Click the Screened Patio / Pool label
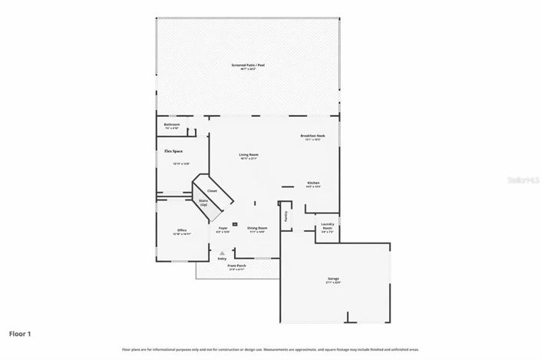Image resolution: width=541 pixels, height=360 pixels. click(x=247, y=66)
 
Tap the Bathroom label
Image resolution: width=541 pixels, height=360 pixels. click(x=172, y=125)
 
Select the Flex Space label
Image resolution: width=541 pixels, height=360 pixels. click(x=173, y=151)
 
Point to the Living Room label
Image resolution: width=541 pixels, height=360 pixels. click(x=248, y=155)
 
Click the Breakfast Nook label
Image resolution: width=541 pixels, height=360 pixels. click(x=312, y=136)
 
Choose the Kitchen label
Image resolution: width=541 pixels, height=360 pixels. click(x=313, y=183)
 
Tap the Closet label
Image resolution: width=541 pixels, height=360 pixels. click(x=212, y=190)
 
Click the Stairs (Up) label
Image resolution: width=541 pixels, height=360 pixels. click(x=204, y=203)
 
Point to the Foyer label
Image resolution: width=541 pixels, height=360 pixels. click(x=223, y=228)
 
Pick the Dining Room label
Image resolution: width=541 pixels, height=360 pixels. click(x=256, y=228)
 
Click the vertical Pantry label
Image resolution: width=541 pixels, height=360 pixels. click(x=286, y=217)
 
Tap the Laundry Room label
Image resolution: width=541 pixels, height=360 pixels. click(x=327, y=228)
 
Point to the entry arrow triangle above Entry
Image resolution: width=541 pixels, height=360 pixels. click(x=223, y=253)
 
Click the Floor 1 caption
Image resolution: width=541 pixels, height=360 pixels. click(x=20, y=334)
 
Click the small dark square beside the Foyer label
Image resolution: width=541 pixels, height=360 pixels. click(x=235, y=223)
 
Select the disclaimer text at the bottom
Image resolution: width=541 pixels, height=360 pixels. click(x=270, y=349)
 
